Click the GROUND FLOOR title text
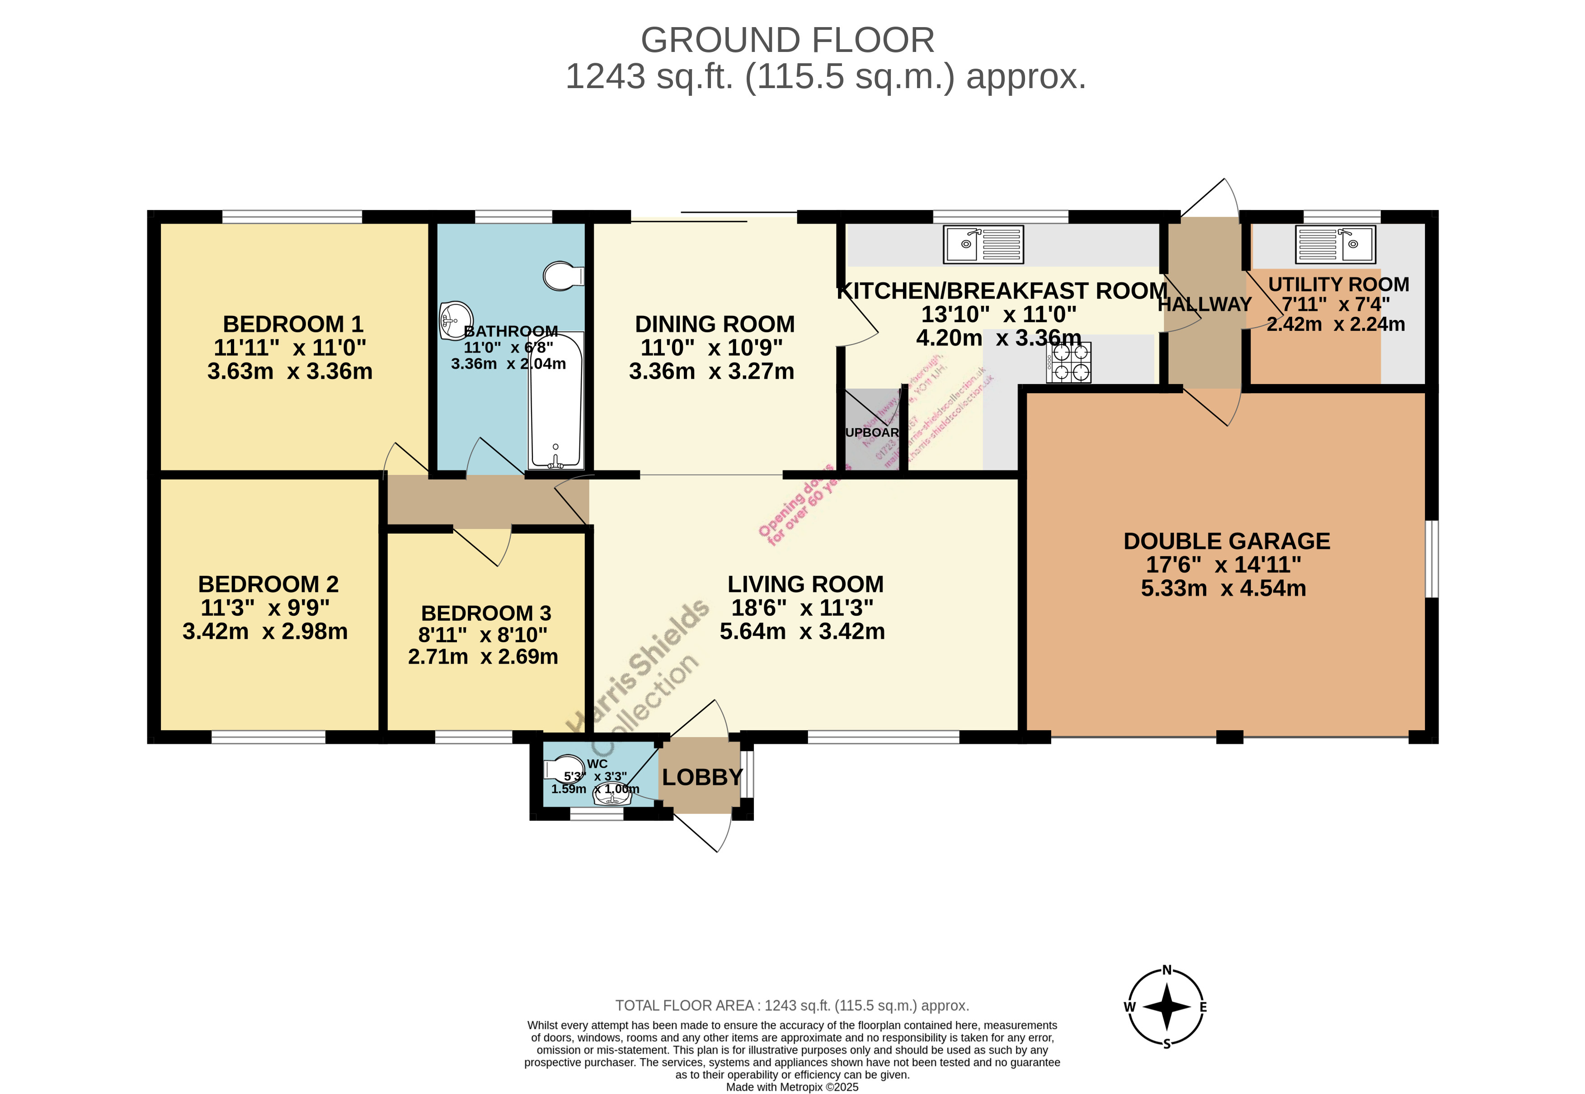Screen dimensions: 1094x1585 (x=787, y=40)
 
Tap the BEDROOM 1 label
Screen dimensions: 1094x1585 (x=293, y=324)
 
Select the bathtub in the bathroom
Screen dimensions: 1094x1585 (x=555, y=400)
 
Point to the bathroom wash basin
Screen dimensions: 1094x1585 (x=455, y=319)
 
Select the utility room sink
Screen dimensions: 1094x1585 (x=1335, y=244)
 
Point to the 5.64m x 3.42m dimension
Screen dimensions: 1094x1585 (x=802, y=631)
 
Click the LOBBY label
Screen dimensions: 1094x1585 (x=702, y=777)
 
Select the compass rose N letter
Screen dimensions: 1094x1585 (x=1167, y=970)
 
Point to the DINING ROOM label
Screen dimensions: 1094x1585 (x=715, y=324)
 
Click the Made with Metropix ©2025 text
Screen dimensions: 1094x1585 (x=792, y=1086)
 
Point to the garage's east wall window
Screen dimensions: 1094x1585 (x=1431, y=559)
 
